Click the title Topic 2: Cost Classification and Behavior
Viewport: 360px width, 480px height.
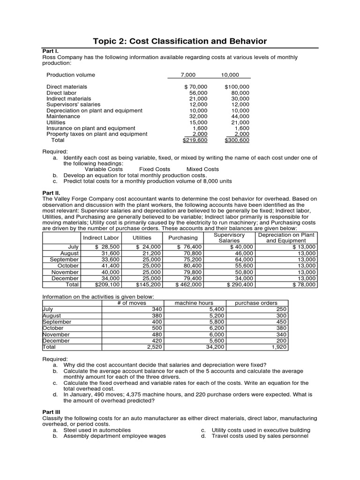[x=180, y=41]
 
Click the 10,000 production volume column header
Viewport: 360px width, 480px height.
[x=230, y=75]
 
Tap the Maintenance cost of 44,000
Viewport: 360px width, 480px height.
[x=240, y=116]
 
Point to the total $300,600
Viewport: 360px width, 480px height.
[x=237, y=140]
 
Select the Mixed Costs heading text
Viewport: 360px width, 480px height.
[x=202, y=169]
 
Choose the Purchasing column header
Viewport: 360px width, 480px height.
[x=183, y=238]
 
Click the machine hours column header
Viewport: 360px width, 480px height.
[x=194, y=303]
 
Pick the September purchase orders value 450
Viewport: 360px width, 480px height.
[x=281, y=322]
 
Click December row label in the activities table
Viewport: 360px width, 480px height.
[x=56, y=341]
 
